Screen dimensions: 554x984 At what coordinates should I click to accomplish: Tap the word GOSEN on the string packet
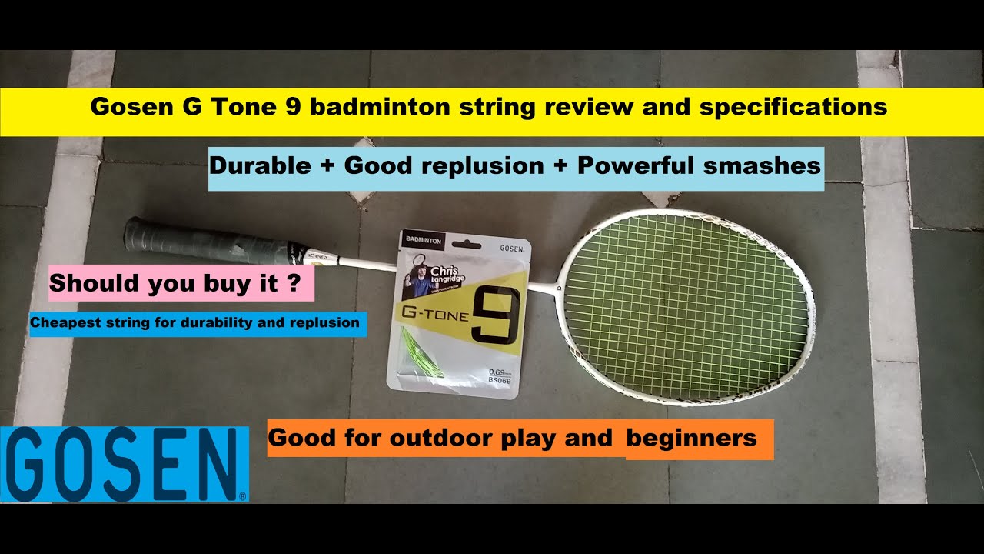coord(512,249)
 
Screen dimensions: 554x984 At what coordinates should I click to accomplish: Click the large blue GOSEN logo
coord(125,464)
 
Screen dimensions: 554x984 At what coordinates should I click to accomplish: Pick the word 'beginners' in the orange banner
coord(691,439)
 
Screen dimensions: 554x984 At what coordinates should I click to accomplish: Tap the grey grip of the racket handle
coord(204,241)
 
